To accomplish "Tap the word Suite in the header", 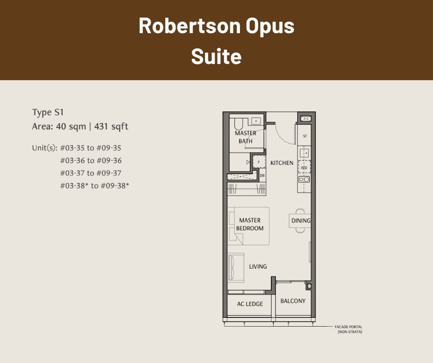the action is [216, 57].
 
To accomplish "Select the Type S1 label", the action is [48, 112].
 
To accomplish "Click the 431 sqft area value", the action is [111, 127].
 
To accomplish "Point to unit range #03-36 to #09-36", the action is [91, 160].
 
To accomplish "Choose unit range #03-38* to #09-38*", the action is [94, 186].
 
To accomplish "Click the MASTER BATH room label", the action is [246, 137].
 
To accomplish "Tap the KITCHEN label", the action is [281, 163].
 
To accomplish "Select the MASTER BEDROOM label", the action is [250, 224].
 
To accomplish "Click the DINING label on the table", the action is [301, 221].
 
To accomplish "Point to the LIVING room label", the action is [258, 267].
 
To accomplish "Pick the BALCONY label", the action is [293, 301].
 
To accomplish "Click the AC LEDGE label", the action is [250, 304].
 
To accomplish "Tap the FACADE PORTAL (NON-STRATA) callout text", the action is [349, 329].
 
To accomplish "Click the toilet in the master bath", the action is [238, 124].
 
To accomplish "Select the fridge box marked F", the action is [259, 162].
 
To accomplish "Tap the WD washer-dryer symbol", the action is [304, 167].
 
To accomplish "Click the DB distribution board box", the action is [263, 176].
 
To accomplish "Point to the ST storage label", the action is [305, 136].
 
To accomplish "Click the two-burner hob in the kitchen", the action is [304, 180].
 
